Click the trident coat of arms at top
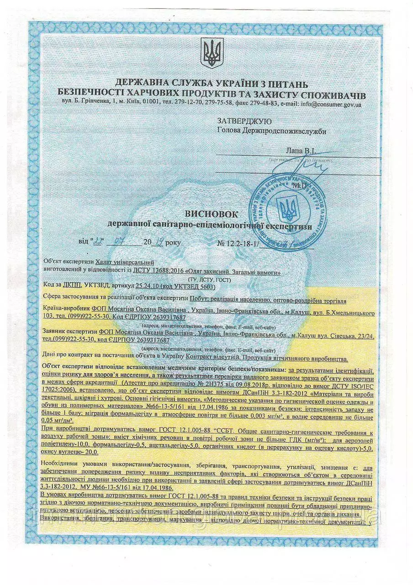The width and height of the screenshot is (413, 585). [x=212, y=53]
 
